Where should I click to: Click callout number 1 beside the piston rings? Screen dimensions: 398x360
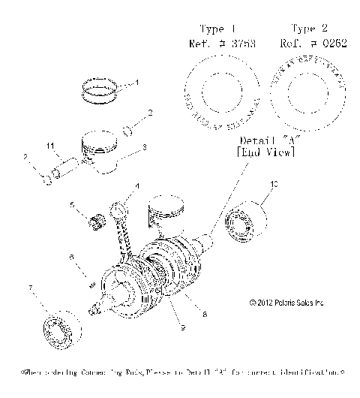136,82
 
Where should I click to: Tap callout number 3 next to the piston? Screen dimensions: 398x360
145,147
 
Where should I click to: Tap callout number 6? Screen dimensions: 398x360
71,256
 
